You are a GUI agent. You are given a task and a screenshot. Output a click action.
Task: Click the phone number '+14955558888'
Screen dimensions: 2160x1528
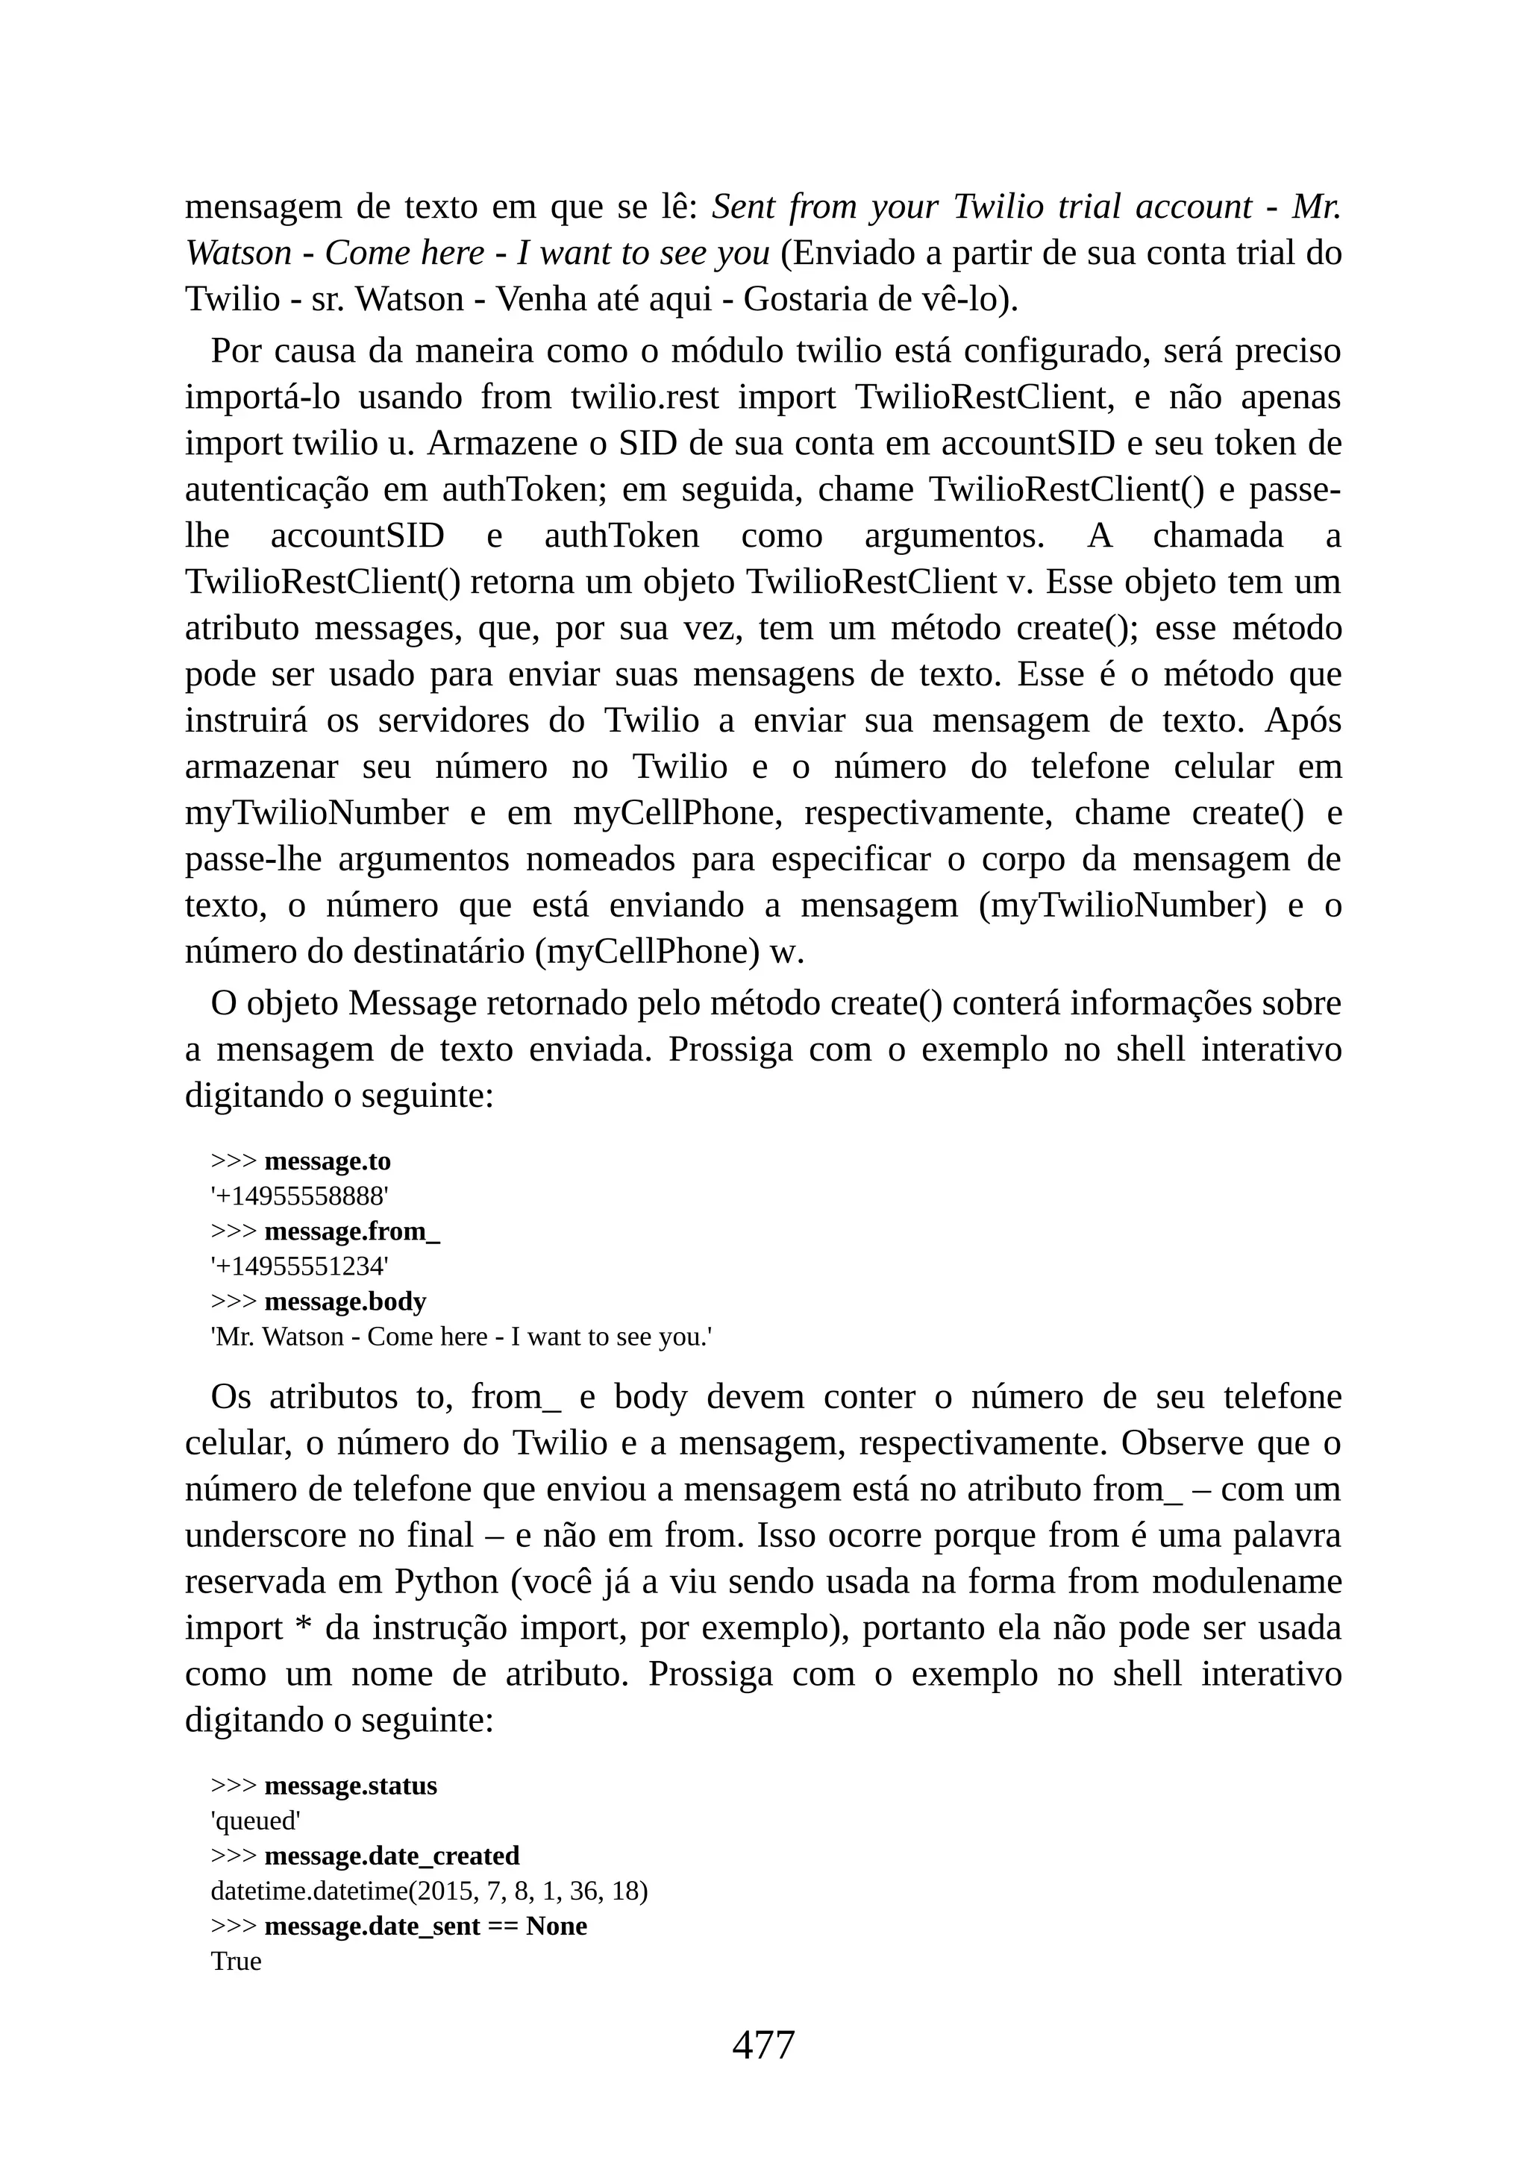[299, 1196]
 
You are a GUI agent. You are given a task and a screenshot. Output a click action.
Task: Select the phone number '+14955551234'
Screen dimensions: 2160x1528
[299, 1266]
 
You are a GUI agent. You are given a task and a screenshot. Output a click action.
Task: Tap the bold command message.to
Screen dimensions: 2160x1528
[327, 1162]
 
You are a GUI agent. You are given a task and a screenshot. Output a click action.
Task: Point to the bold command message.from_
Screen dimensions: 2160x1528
[352, 1231]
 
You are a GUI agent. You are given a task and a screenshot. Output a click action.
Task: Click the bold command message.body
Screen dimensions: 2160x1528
[345, 1302]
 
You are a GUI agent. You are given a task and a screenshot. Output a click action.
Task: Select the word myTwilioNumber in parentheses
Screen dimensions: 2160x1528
[1121, 906]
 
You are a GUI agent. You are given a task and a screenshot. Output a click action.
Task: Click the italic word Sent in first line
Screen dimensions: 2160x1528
[745, 206]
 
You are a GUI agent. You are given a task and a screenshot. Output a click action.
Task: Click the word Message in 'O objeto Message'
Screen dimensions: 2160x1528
[412, 1004]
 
